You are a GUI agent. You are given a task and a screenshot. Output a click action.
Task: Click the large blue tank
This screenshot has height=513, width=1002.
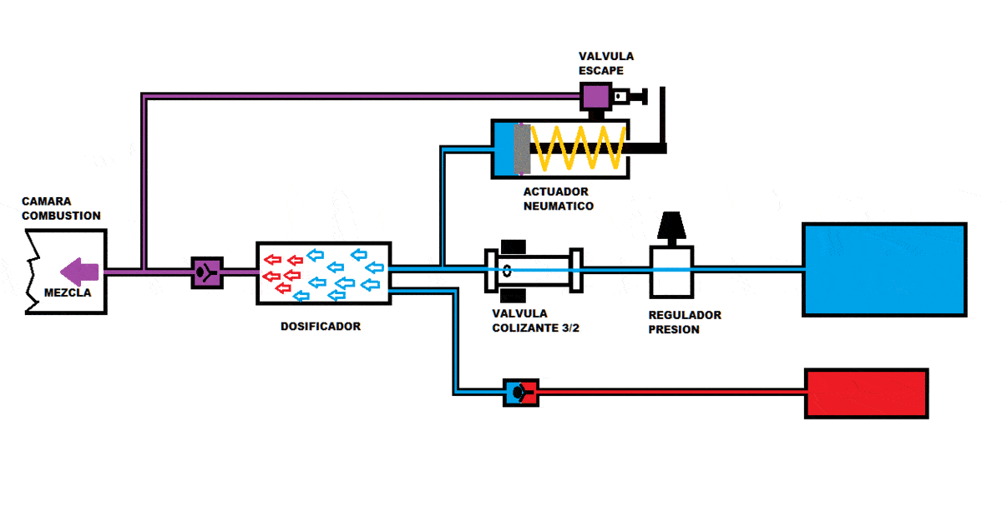[884, 269]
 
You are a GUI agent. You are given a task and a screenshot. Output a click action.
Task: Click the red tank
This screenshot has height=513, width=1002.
[866, 393]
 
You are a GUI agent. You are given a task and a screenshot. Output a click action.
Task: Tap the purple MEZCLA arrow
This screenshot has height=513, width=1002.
[80, 272]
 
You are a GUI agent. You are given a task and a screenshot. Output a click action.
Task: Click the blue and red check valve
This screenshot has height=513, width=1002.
[520, 392]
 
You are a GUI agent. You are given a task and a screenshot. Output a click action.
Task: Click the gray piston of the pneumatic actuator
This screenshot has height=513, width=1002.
[522, 150]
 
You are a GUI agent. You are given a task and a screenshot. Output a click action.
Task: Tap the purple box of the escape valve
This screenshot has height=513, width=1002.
[595, 97]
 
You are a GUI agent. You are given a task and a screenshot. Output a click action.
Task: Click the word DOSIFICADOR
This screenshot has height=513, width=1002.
[321, 327]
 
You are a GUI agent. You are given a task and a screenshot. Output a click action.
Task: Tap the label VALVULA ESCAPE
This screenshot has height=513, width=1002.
[606, 63]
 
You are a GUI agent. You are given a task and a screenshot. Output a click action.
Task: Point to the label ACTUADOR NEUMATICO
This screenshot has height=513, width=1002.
[559, 199]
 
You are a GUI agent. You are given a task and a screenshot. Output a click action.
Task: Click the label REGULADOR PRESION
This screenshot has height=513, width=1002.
[685, 323]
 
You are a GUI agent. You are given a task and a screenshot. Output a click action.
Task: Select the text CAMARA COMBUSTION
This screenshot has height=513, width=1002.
[61, 209]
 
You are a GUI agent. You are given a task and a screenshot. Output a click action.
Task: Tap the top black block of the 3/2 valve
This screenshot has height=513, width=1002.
[514, 246]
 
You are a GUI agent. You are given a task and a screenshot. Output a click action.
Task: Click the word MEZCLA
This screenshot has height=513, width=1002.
[68, 293]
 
